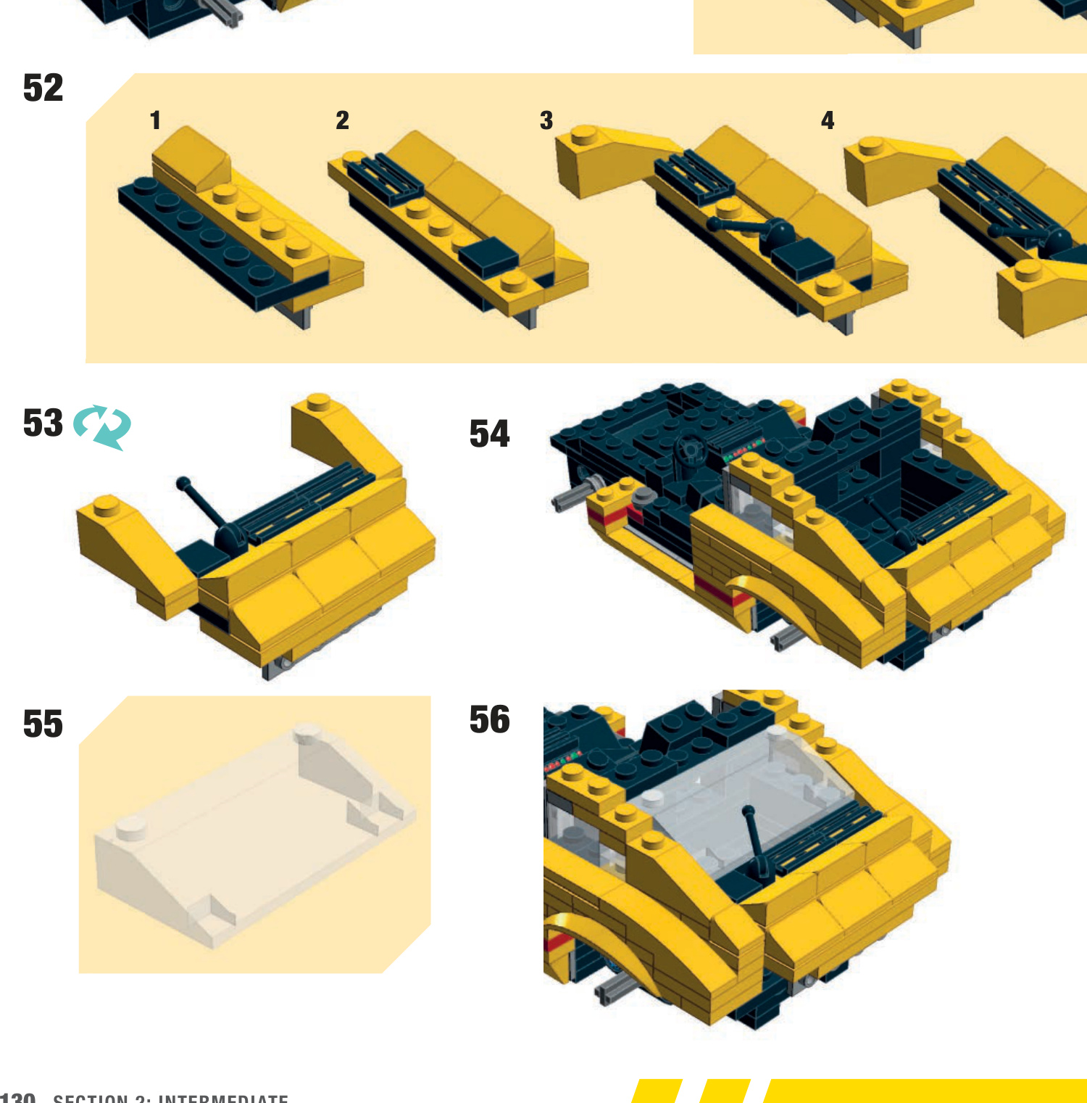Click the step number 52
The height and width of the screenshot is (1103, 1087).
(x=43, y=88)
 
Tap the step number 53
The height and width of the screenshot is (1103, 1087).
(x=43, y=424)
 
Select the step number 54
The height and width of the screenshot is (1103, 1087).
(x=489, y=434)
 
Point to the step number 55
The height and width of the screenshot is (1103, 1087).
(x=43, y=724)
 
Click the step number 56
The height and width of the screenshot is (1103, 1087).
(x=489, y=720)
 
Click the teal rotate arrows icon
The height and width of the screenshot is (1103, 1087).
(x=103, y=427)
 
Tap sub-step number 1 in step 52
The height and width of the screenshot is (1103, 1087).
(x=155, y=120)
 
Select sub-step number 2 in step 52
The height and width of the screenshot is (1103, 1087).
(x=342, y=120)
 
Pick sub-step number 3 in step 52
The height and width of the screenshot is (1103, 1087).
(x=546, y=120)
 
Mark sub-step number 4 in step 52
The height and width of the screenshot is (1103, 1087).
(x=828, y=120)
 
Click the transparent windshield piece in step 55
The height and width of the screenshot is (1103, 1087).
(x=254, y=834)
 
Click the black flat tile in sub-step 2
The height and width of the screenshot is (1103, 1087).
(x=488, y=257)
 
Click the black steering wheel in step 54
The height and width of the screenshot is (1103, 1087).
(x=689, y=452)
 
